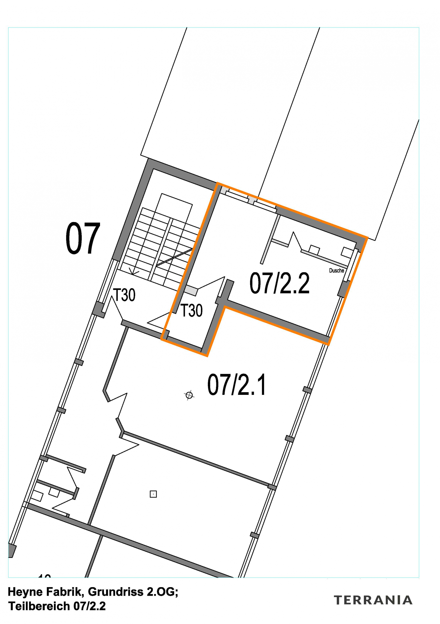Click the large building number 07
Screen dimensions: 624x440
point(83,238)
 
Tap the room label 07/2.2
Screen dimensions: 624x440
point(279,283)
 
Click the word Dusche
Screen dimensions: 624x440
point(336,270)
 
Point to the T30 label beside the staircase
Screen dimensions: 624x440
point(124,295)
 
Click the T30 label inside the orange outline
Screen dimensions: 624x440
point(191,310)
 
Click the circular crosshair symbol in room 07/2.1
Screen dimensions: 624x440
point(189,395)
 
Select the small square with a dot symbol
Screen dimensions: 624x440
point(153,494)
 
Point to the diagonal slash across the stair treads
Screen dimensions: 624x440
point(174,257)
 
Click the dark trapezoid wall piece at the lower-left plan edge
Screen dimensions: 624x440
point(11,551)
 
